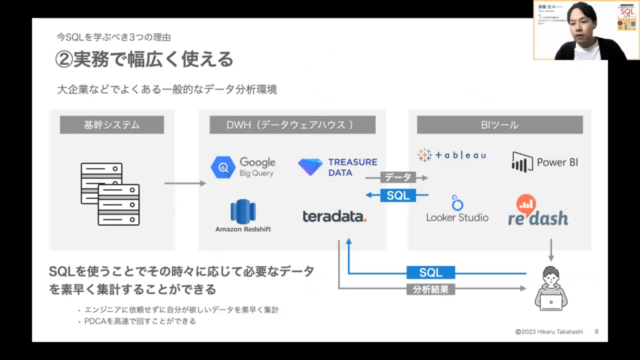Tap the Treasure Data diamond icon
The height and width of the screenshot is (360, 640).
pyautogui.click(x=310, y=167)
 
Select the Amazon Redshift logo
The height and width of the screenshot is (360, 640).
pyautogui.click(x=243, y=215)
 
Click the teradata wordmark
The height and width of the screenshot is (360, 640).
pyautogui.click(x=334, y=216)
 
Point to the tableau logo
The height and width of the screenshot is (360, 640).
pyautogui.click(x=452, y=155)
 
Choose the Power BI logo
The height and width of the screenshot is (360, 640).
pyautogui.click(x=544, y=162)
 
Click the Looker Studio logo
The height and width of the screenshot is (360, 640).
pyautogui.click(x=457, y=210)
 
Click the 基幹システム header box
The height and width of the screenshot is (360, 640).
pyautogui.click(x=112, y=125)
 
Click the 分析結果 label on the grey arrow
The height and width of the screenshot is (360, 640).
pyautogui.click(x=431, y=289)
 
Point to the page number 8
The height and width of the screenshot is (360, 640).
pyautogui.click(x=596, y=332)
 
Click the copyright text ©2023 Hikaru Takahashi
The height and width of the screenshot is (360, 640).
pyautogui.click(x=549, y=332)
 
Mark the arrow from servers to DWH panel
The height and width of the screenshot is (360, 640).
pyautogui.click(x=185, y=184)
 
